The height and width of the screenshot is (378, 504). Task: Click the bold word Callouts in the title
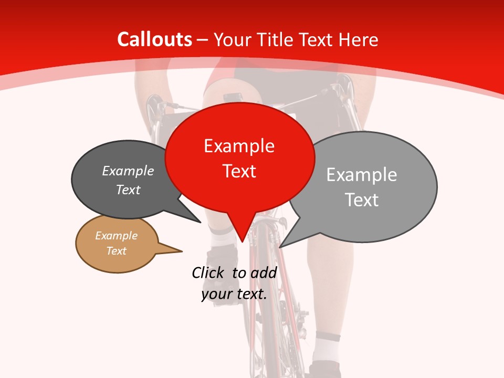click(x=154, y=39)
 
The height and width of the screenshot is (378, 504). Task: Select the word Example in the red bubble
click(x=239, y=146)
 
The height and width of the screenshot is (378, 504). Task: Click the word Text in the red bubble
click(x=239, y=171)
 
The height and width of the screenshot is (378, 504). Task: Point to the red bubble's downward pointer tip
click(x=242, y=241)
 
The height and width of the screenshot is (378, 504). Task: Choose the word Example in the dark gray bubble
click(x=128, y=171)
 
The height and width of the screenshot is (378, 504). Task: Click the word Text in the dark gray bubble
click(x=128, y=190)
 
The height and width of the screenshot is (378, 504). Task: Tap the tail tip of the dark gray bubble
click(x=200, y=222)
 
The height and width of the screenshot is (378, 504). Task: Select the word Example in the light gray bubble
click(x=361, y=175)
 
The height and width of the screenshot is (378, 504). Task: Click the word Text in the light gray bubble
click(x=361, y=200)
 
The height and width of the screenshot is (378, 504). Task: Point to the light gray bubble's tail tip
click(x=280, y=247)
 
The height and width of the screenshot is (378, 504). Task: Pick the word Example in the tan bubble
click(x=116, y=236)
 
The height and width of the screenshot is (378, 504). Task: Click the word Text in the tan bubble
click(x=116, y=251)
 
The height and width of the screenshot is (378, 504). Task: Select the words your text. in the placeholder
click(x=234, y=294)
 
